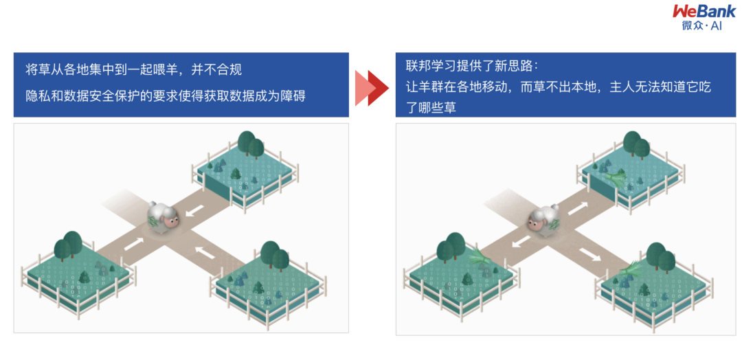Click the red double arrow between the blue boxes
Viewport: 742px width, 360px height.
pos(372,87)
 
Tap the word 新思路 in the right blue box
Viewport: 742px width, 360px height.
pos(511,67)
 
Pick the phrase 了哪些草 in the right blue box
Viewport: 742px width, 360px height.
pos(430,108)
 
